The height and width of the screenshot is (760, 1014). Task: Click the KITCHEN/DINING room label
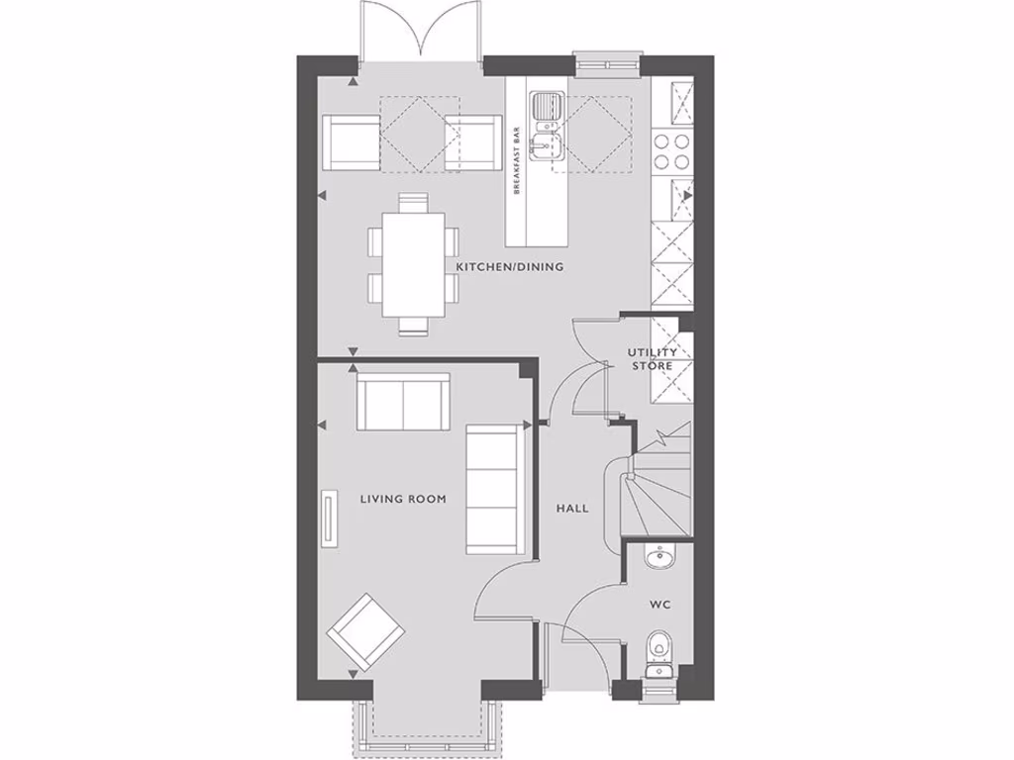(x=509, y=267)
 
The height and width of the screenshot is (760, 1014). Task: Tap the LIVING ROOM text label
(x=402, y=499)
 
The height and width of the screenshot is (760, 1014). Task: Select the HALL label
(x=571, y=509)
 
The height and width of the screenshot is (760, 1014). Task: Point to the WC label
(x=659, y=603)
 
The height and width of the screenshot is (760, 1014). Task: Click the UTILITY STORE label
(x=653, y=359)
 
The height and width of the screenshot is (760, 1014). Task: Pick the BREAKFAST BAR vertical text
(x=517, y=161)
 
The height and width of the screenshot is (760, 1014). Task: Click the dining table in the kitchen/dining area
(x=414, y=264)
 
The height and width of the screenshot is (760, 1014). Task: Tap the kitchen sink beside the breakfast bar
(x=546, y=126)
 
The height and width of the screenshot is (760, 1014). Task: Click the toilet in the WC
(x=658, y=654)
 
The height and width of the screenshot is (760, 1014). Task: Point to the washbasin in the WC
(x=659, y=560)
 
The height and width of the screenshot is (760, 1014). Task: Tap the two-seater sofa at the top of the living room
(x=403, y=402)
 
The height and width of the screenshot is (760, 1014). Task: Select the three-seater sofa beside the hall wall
(x=492, y=489)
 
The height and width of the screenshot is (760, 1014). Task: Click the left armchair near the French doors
(x=352, y=142)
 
